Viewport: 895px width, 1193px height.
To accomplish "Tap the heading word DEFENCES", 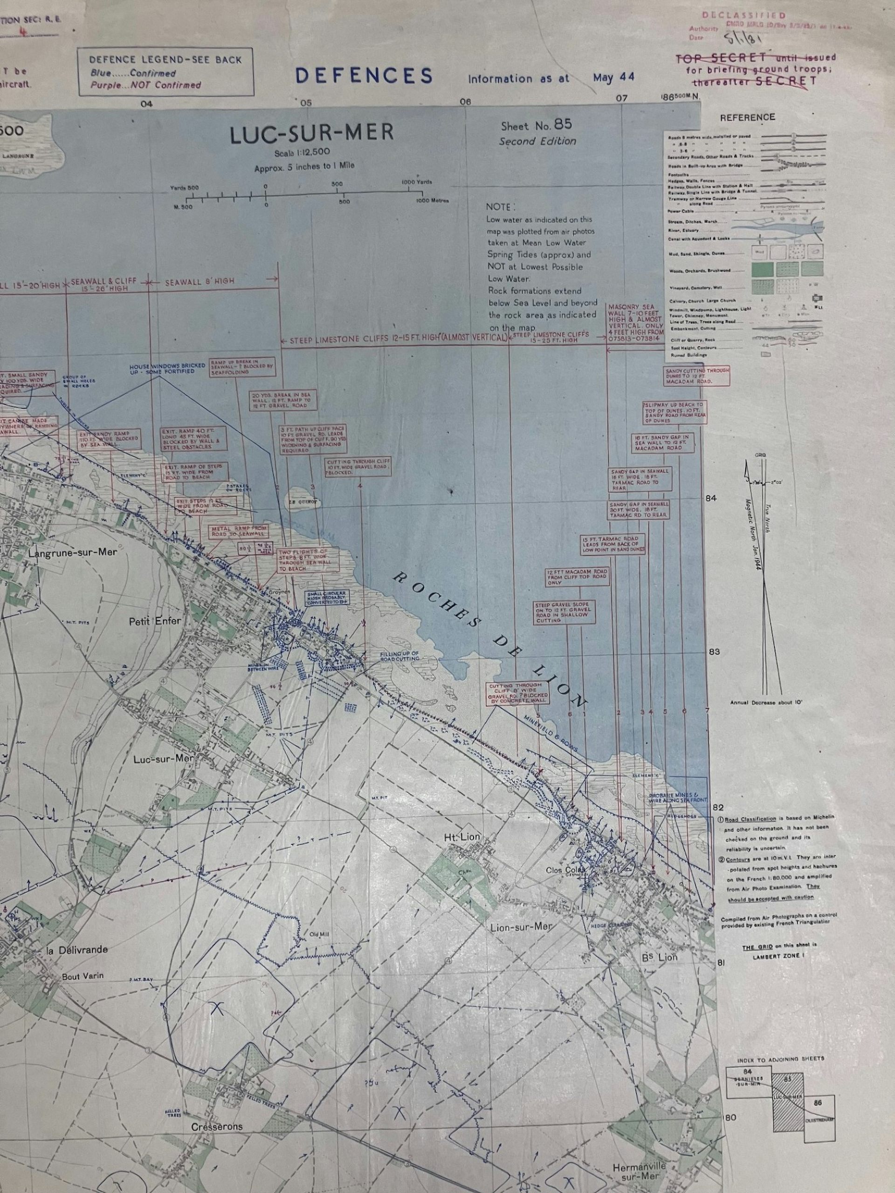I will [364, 76].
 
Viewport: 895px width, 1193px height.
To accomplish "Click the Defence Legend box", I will [165, 72].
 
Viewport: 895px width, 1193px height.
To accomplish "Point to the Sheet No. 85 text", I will [536, 125].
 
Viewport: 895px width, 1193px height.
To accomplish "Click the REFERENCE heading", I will [747, 117].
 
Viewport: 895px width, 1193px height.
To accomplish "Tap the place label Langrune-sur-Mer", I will [72, 553].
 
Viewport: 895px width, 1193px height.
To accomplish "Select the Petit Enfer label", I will [155, 621].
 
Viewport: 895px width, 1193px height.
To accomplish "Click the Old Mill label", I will [319, 936].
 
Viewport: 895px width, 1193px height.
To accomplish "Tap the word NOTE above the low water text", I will [500, 206].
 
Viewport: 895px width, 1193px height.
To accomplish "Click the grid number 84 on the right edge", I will [710, 498].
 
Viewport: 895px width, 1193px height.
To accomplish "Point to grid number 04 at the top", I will [146, 104].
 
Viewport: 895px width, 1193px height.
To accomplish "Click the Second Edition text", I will [537, 142].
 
